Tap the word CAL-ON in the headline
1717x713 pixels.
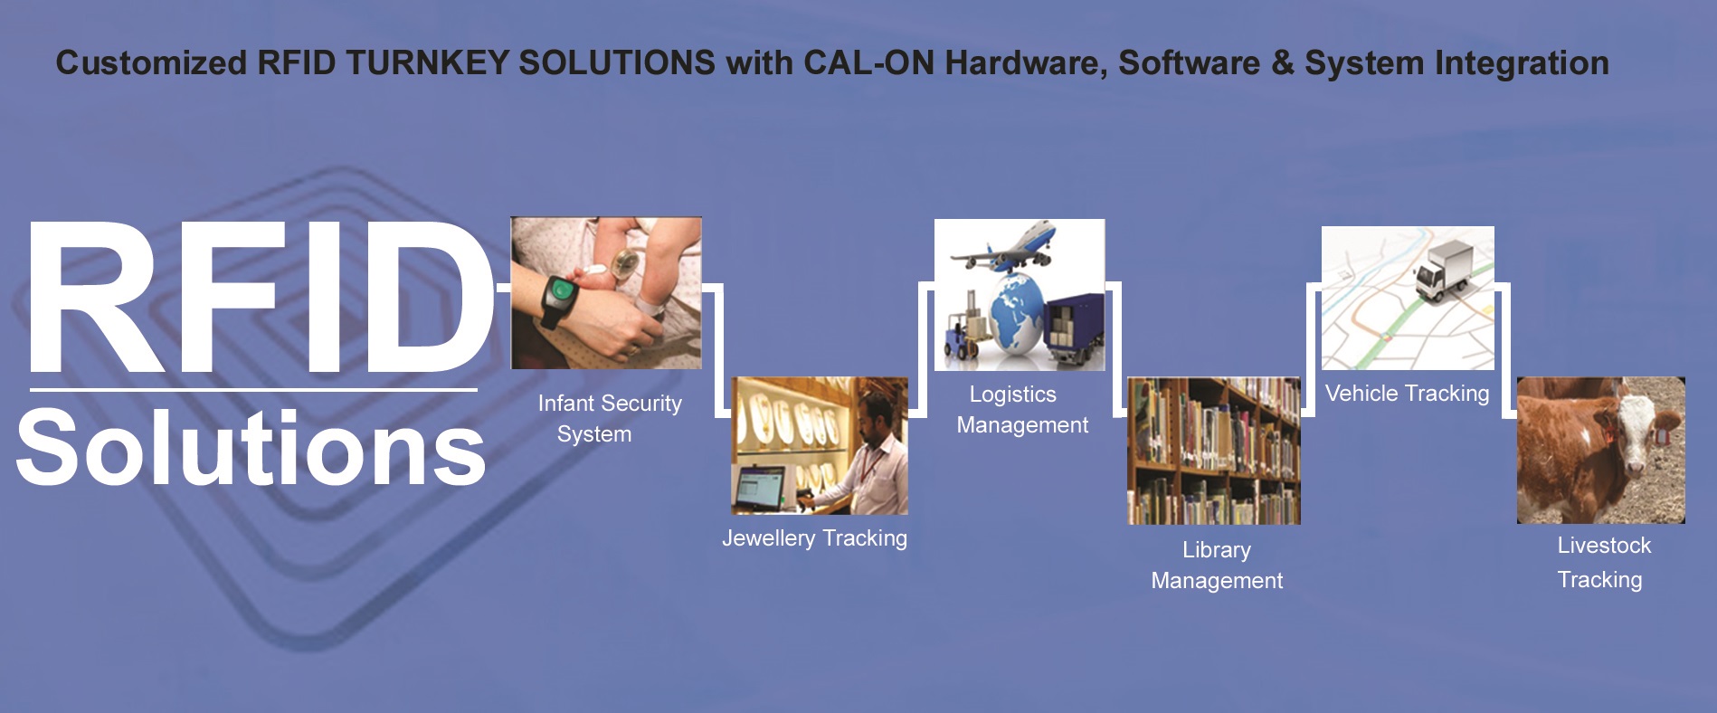tap(868, 63)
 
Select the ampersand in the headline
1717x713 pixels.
tap(1281, 63)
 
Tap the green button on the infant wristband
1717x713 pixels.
tap(562, 290)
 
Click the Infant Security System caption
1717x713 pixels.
tap(609, 418)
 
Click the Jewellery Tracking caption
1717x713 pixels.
tap(814, 538)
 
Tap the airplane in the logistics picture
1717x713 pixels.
tap(1004, 247)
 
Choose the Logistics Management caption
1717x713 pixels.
tap(1022, 409)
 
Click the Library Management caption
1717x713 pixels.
tap(1217, 565)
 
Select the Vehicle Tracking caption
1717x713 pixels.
tap(1407, 394)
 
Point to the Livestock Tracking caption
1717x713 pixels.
tap(1602, 563)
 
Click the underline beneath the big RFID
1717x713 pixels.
tap(253, 390)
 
